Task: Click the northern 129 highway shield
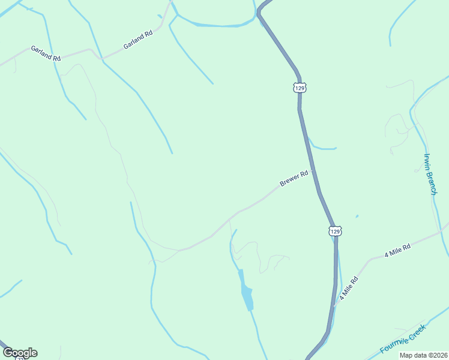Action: pyautogui.click(x=300, y=88)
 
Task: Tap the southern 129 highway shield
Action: pyautogui.click(x=336, y=230)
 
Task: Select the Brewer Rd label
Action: pyautogui.click(x=294, y=178)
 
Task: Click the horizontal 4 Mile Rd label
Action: pyautogui.click(x=397, y=250)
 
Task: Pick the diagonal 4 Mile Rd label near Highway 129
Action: pyautogui.click(x=348, y=288)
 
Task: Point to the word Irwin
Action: pyautogui.click(x=427, y=164)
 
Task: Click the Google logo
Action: pyautogui.click(x=20, y=353)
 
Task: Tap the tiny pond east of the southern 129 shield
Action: pyautogui.click(x=357, y=217)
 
